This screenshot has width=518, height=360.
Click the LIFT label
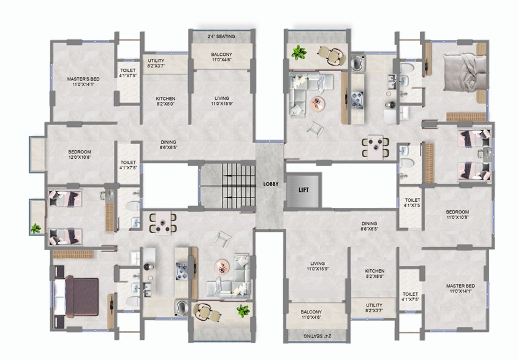303,190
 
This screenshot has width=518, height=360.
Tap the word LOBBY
270,184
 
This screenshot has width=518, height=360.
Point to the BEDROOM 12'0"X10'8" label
80,155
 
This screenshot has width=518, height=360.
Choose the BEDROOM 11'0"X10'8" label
457,215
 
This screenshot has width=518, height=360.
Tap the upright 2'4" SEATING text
221,36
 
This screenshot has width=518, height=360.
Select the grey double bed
465,72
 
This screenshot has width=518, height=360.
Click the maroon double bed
82,297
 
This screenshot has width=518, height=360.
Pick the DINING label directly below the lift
369,226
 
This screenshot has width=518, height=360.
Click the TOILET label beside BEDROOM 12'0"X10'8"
128,165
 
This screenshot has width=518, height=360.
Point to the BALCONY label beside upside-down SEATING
311,315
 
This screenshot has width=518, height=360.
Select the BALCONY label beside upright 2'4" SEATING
222,57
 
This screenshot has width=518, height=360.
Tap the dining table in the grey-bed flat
375,147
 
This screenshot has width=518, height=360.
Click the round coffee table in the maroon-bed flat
222,266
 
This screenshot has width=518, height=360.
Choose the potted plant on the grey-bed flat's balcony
299,52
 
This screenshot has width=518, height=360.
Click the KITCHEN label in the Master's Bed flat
166,101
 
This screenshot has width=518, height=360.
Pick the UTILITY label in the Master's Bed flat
156,63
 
